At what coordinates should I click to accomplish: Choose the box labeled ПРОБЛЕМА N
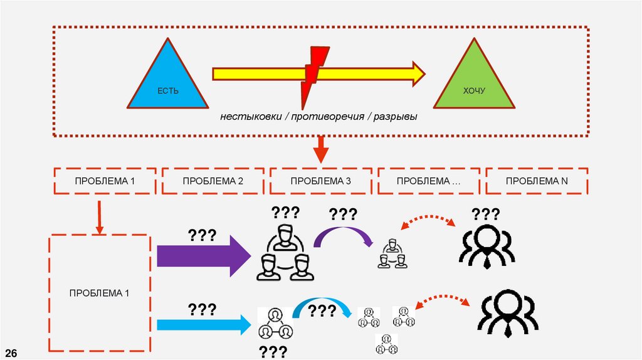click(x=537, y=181)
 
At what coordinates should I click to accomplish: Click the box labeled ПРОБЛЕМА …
click(x=429, y=181)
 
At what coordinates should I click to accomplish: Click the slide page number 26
click(x=12, y=352)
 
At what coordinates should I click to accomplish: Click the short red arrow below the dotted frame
click(x=320, y=149)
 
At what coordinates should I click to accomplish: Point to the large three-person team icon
click(x=283, y=251)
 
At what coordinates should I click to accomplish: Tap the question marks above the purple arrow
click(x=202, y=236)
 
